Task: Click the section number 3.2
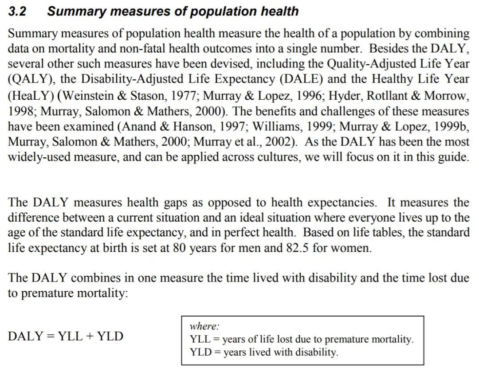(x=17, y=12)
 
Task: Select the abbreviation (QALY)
(x=30, y=79)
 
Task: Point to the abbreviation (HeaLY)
(x=30, y=95)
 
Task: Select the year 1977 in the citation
(x=183, y=95)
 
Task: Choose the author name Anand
(x=137, y=126)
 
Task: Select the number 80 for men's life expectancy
(x=179, y=248)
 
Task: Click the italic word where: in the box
(x=204, y=326)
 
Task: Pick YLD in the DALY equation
(x=110, y=336)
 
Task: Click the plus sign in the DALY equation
(x=90, y=336)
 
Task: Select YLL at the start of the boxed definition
(x=199, y=340)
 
